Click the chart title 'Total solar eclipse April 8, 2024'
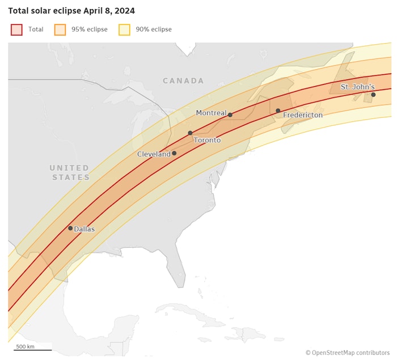point(71,11)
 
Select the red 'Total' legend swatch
point(16,29)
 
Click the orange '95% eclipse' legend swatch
point(60,29)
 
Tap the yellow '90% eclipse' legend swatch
point(124,29)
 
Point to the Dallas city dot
point(70,228)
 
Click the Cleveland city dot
point(174,153)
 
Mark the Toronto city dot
point(190,133)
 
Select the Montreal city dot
point(230,115)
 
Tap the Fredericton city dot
point(278,111)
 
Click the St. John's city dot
point(373,95)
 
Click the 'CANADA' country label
point(183,81)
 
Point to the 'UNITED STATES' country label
point(70,172)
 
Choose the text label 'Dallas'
point(85,229)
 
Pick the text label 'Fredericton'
point(303,115)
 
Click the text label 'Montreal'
point(211,113)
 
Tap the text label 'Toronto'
point(207,140)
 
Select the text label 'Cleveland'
point(154,154)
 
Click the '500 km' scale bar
point(32,348)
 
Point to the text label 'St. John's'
point(357,87)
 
